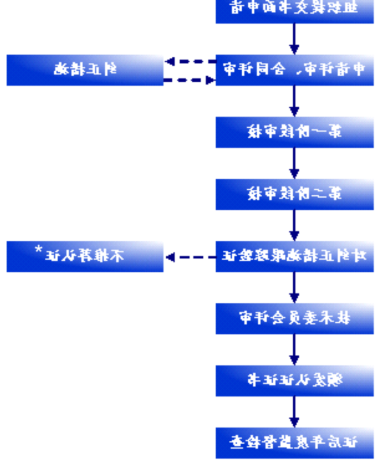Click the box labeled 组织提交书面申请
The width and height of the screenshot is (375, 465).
[x=294, y=9]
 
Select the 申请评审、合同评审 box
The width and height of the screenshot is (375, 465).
[x=294, y=70]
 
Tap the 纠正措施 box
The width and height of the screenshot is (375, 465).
[x=85, y=70]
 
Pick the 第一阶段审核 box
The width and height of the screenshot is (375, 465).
[x=294, y=132]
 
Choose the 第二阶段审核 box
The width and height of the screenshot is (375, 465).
[x=294, y=194]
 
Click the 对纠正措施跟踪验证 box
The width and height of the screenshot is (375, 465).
[x=294, y=256]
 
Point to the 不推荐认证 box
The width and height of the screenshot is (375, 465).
[x=85, y=256]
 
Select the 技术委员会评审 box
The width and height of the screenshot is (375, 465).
[x=294, y=319]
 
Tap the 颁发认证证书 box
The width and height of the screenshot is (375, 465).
[x=294, y=381]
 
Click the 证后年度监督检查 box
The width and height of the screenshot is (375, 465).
[x=294, y=443]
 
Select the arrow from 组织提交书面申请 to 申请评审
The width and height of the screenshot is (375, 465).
[x=294, y=39]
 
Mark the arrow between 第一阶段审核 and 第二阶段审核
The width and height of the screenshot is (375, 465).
[x=294, y=163]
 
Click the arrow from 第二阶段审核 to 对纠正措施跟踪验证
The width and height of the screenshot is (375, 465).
[x=294, y=225]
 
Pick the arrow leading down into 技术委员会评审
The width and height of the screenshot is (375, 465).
[x=294, y=288]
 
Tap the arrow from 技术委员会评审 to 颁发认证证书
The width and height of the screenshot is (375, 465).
[x=294, y=350]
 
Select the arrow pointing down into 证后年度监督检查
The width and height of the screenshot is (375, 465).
[x=294, y=412]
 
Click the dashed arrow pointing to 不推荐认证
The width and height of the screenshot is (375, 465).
[x=190, y=257]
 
